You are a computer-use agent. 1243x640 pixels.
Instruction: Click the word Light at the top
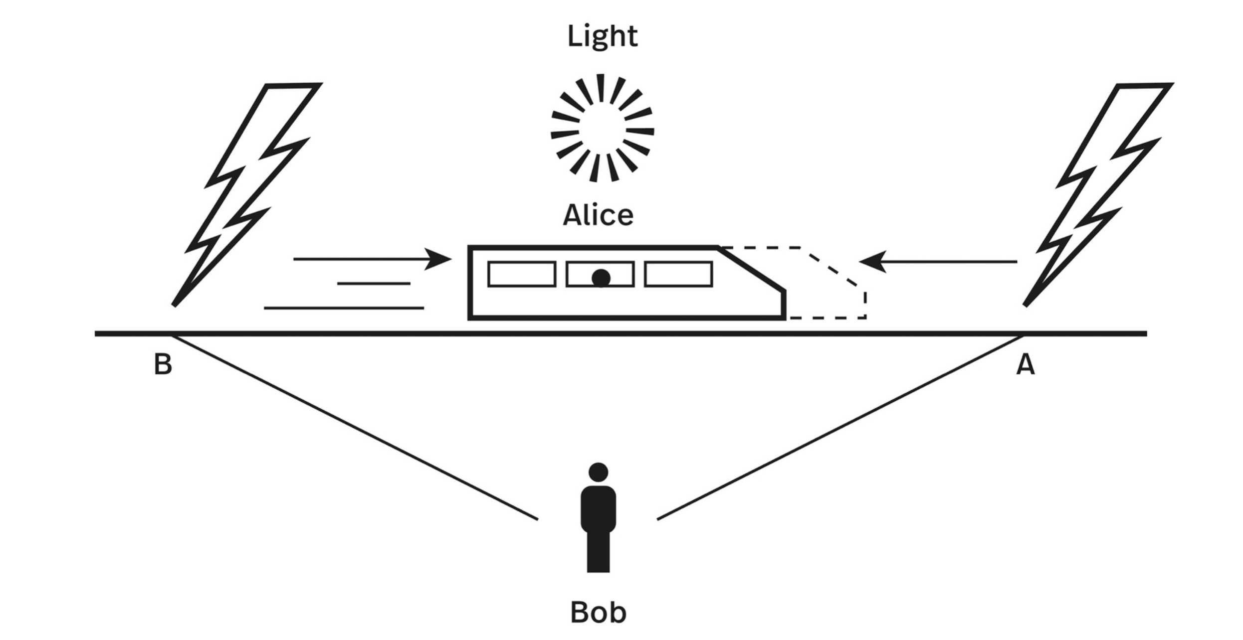(602, 36)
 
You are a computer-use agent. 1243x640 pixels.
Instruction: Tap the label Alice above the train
(598, 215)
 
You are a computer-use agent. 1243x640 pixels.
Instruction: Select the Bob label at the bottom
(598, 612)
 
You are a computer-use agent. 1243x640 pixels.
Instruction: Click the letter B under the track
(163, 364)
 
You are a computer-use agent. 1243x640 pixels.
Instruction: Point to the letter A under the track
(1026, 364)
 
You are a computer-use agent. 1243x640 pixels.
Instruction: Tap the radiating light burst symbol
(602, 129)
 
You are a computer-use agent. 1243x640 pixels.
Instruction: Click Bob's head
(598, 472)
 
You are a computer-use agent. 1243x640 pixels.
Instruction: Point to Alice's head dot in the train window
(601, 278)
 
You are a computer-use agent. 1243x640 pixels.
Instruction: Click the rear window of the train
(522, 274)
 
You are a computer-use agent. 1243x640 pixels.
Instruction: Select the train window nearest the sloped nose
(678, 274)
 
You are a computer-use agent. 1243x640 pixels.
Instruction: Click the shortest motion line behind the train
(374, 284)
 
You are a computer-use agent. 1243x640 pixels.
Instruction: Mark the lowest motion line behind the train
(344, 308)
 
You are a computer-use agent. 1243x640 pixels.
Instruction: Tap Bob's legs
(598, 551)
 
